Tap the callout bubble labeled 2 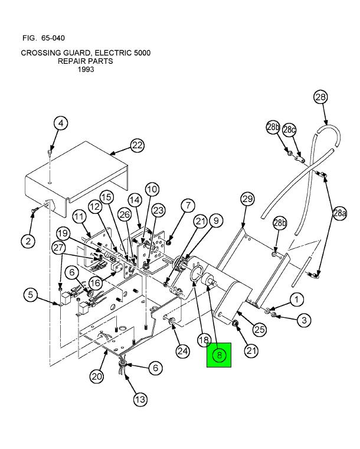point(28,240)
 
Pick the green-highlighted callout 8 point(219,355)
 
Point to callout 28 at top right point(320,97)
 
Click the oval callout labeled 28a point(339,213)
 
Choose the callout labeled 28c point(289,129)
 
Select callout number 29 point(247,199)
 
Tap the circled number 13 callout point(139,400)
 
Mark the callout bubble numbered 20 point(97,376)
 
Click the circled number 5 point(32,295)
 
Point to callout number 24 point(182,351)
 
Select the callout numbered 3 point(303,320)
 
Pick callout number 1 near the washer point(296,300)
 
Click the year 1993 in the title point(86,69)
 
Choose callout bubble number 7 point(187,206)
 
